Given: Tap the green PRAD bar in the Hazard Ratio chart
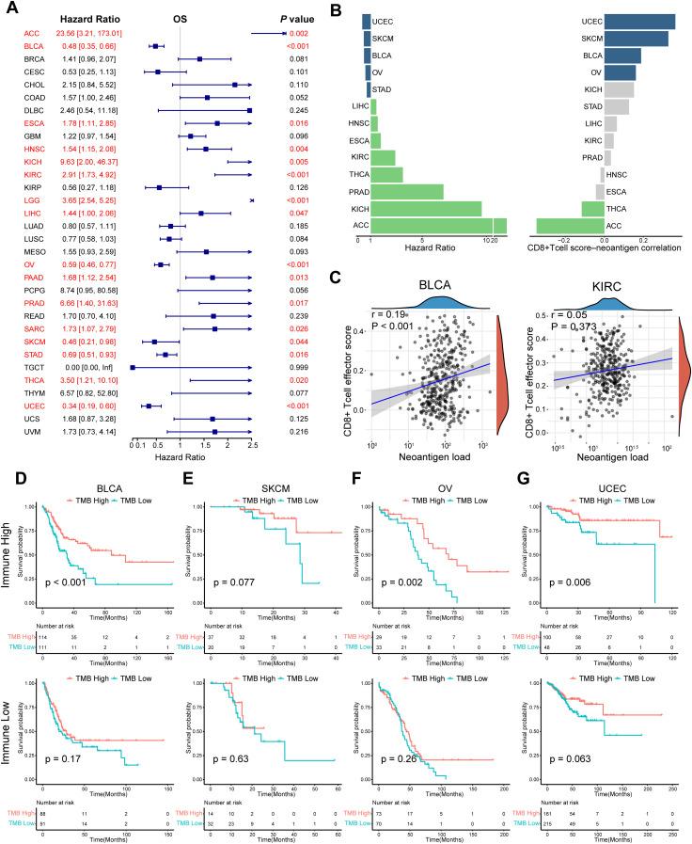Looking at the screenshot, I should point(405,190).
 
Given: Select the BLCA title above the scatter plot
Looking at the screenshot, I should point(441,266).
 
